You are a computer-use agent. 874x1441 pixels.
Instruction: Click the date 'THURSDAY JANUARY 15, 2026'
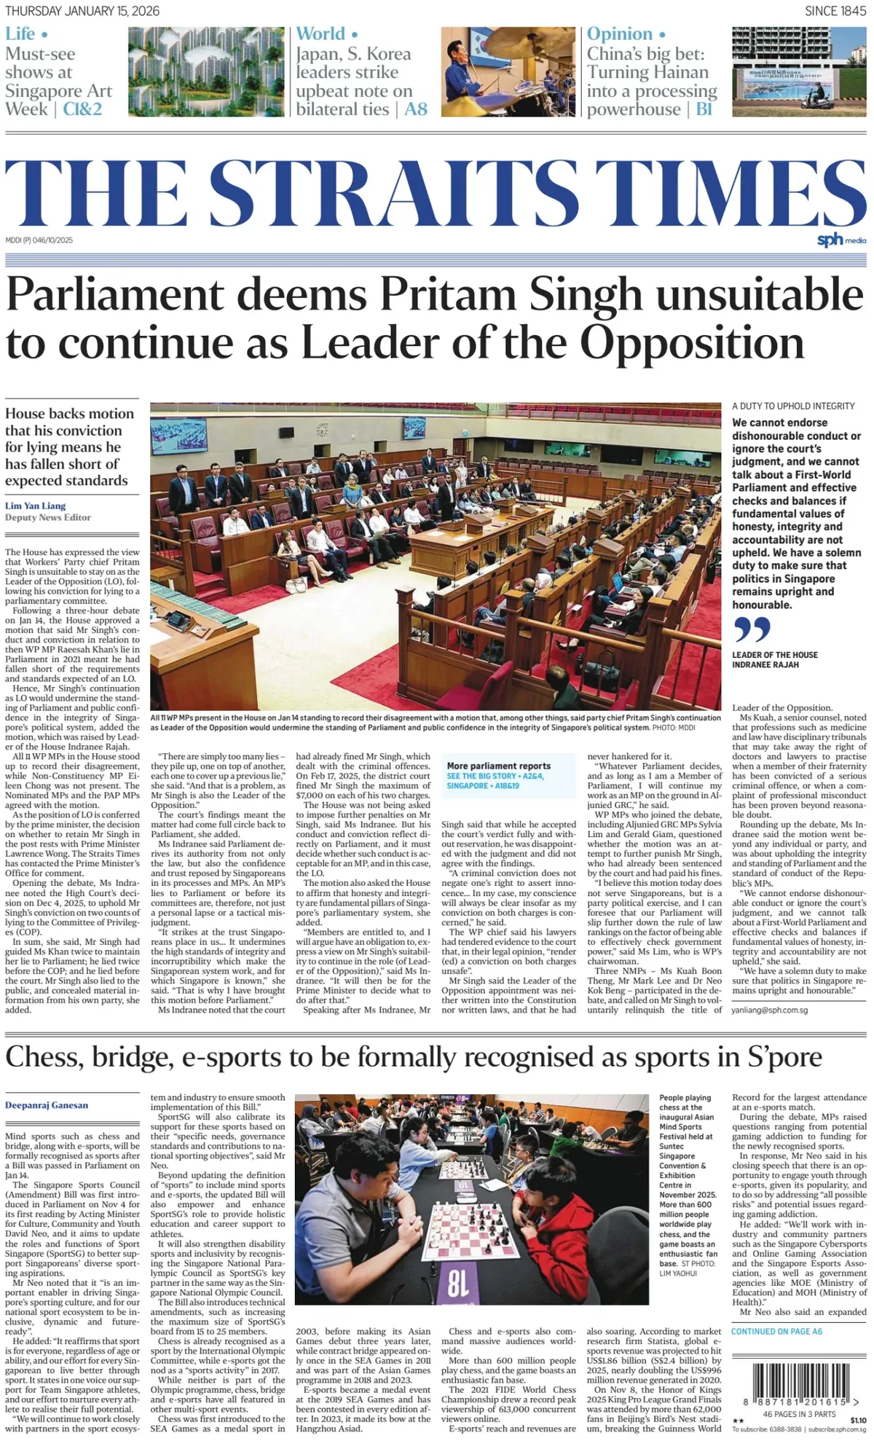pyautogui.click(x=82, y=11)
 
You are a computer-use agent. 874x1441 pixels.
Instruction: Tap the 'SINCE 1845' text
pyautogui.click(x=835, y=11)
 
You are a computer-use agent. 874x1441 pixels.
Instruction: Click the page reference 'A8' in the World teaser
pyautogui.click(x=416, y=109)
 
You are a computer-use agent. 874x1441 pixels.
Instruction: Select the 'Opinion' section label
pyautogui.click(x=620, y=34)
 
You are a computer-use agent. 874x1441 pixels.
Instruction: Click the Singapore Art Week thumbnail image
pyautogui.click(x=205, y=71)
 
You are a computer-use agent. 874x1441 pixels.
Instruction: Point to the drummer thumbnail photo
pyautogui.click(x=508, y=71)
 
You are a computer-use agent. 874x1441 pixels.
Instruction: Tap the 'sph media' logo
pyautogui.click(x=841, y=240)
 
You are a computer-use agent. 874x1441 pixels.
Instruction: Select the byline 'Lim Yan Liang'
pyautogui.click(x=35, y=506)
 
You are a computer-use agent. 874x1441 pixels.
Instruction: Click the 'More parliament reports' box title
pyautogui.click(x=499, y=766)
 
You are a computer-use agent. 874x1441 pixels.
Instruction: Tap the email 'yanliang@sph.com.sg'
pyautogui.click(x=770, y=1010)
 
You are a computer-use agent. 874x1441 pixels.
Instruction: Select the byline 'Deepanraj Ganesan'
pyautogui.click(x=47, y=1105)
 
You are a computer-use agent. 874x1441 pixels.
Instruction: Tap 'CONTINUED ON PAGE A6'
pyautogui.click(x=777, y=1331)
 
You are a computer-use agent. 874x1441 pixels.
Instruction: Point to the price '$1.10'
pyautogui.click(x=858, y=1420)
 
